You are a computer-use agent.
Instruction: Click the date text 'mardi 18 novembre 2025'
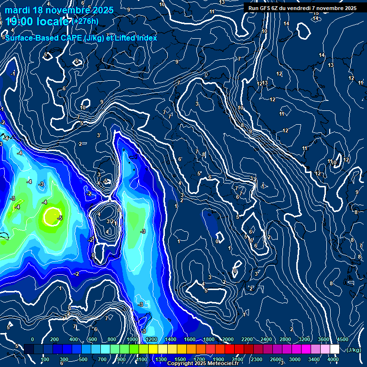pos(59,10)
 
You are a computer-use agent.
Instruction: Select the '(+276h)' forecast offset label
pos(86,22)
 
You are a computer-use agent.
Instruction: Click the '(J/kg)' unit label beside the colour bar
pos(354,350)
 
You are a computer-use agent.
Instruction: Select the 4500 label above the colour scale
pos(343,339)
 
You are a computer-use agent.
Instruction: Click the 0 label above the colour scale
pos(32,339)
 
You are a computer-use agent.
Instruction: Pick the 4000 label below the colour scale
pos(334,359)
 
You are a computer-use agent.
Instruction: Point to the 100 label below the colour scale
pos(45,359)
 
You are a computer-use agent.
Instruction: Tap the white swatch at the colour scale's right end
pos(335,349)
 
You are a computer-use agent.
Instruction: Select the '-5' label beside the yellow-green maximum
pos(60,218)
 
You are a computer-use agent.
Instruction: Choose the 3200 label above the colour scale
pos(304,339)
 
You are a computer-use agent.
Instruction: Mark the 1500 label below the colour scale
pos(180,359)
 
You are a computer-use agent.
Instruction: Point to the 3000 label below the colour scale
pos(295,359)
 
